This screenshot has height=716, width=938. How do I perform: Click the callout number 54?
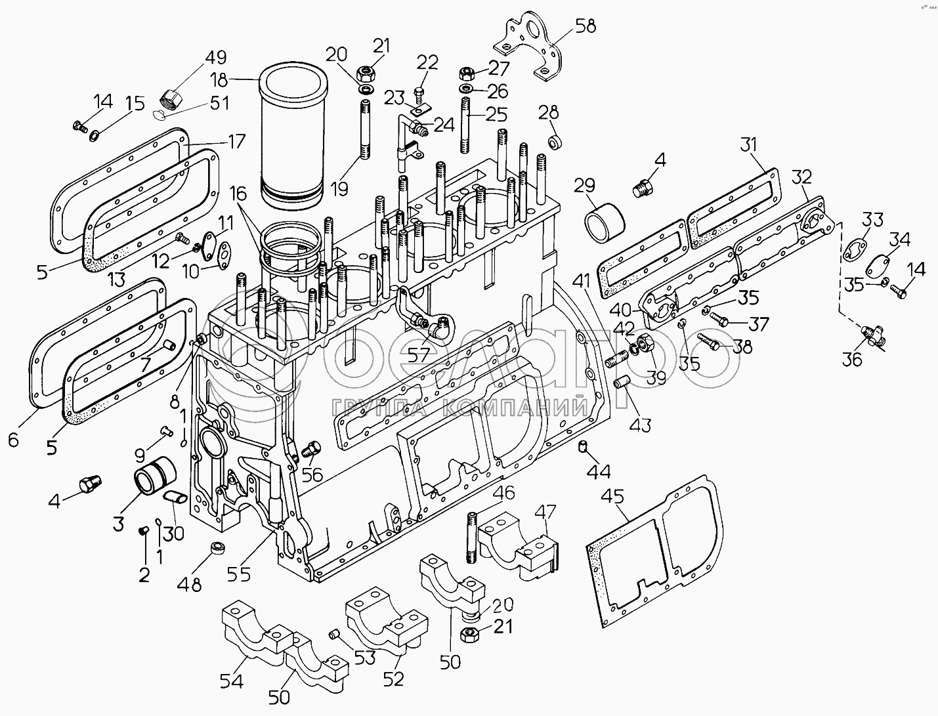click(231, 681)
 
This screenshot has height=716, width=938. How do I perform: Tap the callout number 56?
click(312, 474)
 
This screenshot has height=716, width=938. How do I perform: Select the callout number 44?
click(599, 471)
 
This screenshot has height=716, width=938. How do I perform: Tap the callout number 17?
click(236, 140)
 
